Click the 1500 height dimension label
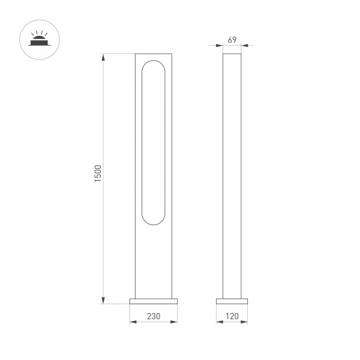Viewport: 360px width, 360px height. [98, 174]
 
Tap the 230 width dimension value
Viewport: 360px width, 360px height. [154, 316]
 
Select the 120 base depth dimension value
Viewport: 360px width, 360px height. [232, 316]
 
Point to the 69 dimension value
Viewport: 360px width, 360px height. [232, 40]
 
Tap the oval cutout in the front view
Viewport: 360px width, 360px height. [153, 142]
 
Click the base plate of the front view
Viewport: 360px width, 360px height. [154, 301]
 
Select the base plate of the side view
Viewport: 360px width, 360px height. [232, 301]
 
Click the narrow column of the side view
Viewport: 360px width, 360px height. [232, 174]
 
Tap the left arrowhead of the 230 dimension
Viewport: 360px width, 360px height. [132, 322]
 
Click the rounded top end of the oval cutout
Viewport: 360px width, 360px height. [153, 64]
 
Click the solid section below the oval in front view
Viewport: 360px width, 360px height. [154, 261]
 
